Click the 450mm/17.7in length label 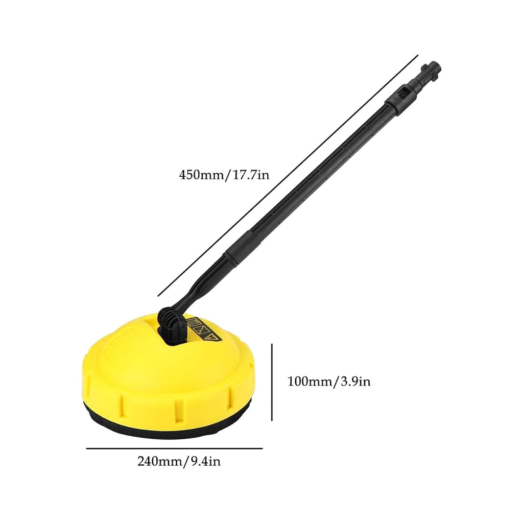[x=224, y=175]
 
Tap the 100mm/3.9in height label [x=329, y=381]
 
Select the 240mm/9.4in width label [x=179, y=461]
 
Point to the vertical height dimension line [x=272, y=382]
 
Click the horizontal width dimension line [x=175, y=448]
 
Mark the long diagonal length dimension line [x=288, y=176]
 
